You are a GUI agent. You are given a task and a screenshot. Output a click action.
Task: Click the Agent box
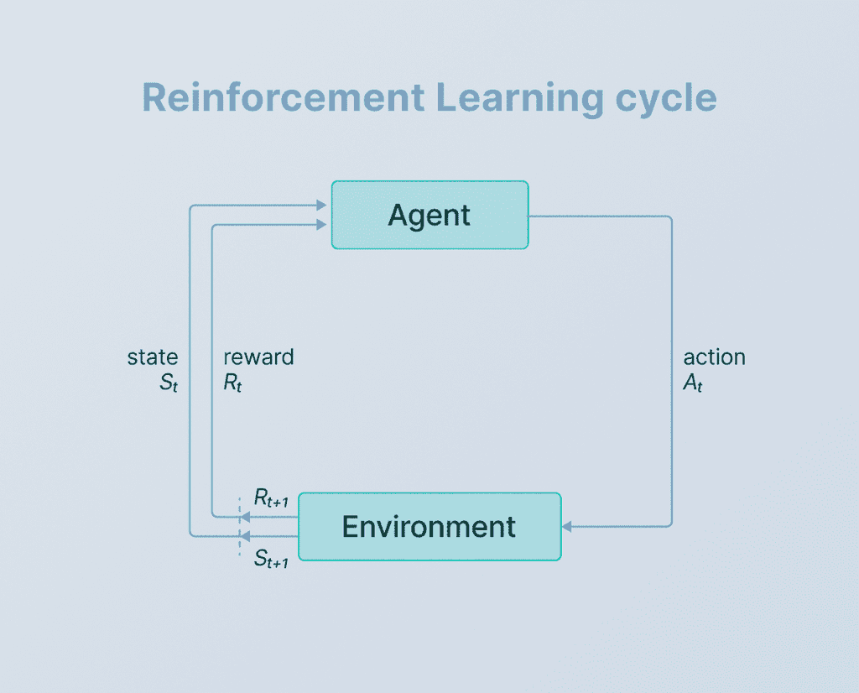(x=429, y=215)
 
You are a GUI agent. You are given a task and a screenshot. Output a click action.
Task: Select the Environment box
(x=429, y=526)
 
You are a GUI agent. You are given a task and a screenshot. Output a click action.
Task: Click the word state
(x=153, y=357)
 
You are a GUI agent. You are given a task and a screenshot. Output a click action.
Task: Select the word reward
(x=258, y=357)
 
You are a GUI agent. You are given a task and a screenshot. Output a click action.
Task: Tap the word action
(x=714, y=357)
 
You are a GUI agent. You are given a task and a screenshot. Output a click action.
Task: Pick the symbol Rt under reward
(x=232, y=383)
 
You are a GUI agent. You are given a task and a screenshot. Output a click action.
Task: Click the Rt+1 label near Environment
(x=271, y=501)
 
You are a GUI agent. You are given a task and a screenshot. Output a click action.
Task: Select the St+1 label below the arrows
(x=271, y=559)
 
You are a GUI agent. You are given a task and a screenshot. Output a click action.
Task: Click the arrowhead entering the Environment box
(x=566, y=526)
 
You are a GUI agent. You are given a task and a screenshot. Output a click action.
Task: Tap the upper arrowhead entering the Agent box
(x=322, y=205)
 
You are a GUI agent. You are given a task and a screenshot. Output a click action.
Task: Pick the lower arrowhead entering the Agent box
(x=322, y=223)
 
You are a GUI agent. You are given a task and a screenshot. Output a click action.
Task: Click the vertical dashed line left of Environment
(x=239, y=526)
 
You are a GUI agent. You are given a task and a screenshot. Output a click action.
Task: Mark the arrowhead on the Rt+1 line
(x=245, y=517)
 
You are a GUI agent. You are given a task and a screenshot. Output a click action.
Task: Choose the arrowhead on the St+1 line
(x=245, y=535)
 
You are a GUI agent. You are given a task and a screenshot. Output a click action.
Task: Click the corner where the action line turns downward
(x=671, y=217)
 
